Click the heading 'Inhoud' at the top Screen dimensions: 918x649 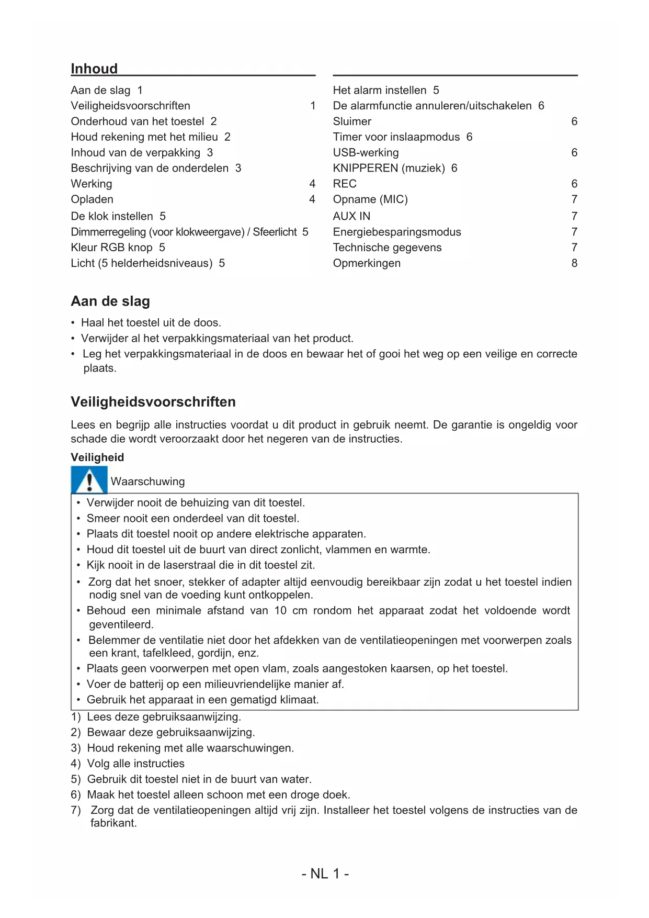[x=94, y=69]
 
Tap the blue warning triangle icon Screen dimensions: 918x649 [x=89, y=480]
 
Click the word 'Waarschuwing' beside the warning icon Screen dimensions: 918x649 [x=147, y=482]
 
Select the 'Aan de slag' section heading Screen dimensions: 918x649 [x=110, y=301]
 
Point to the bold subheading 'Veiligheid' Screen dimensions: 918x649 [x=97, y=457]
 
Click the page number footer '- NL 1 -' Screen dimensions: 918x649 [x=325, y=874]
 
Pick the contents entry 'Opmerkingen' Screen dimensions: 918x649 [x=367, y=263]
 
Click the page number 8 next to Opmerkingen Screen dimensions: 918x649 [x=574, y=263]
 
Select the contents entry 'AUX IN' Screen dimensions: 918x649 [x=351, y=216]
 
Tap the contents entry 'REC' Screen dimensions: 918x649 [x=345, y=184]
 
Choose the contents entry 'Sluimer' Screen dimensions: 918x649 [x=352, y=121]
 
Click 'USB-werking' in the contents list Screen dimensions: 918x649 [x=366, y=153]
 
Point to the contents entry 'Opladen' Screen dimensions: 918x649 [x=92, y=199]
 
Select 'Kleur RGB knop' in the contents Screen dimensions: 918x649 [x=112, y=248]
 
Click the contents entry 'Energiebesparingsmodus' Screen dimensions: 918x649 [x=397, y=232]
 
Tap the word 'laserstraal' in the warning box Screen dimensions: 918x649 [x=191, y=565]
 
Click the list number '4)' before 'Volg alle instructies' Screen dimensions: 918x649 [x=76, y=764]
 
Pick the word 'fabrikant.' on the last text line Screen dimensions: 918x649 [x=113, y=823]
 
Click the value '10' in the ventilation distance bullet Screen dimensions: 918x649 [x=280, y=611]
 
